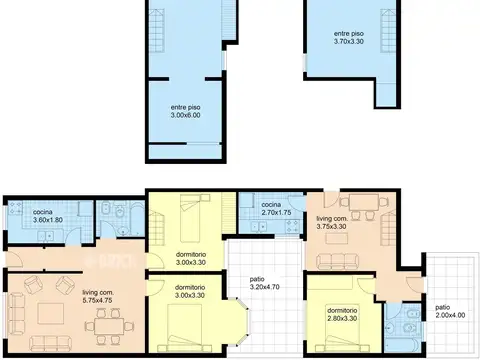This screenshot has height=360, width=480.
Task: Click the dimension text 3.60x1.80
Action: [x=48, y=220]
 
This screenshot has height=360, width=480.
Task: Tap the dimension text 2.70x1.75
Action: [x=277, y=212]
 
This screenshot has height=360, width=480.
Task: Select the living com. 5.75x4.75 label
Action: [x=98, y=296]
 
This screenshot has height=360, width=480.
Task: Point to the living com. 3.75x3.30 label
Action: [x=332, y=222]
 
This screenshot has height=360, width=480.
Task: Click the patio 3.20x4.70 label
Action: [x=264, y=283]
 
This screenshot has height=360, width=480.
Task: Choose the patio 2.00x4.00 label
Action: [x=450, y=311]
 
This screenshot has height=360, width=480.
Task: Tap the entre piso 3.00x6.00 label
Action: [x=186, y=111]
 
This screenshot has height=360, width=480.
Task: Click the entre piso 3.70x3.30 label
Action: [x=349, y=37]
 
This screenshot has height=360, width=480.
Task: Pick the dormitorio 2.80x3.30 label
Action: [x=342, y=314]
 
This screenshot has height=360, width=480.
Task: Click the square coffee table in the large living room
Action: [x=51, y=313]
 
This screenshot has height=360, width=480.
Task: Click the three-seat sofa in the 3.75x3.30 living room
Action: [x=337, y=261]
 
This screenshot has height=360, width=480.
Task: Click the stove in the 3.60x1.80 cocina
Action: [x=15, y=208]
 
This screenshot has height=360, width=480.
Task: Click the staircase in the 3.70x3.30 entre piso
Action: [x=389, y=31]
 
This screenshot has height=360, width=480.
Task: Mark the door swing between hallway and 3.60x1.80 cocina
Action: [x=73, y=236]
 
